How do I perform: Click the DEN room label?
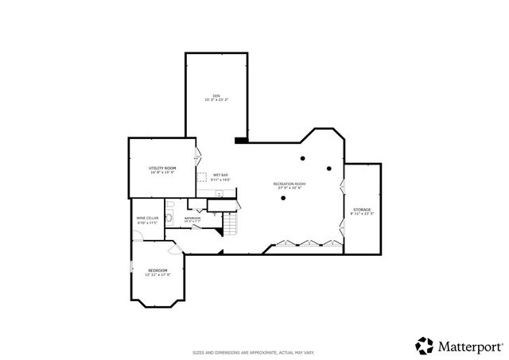[x=216, y=95]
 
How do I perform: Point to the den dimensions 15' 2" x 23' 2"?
[x=216, y=100]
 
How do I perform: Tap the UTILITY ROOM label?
[x=162, y=168]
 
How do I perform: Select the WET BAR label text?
[x=220, y=175]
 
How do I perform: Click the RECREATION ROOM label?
[x=289, y=184]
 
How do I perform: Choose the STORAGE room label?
[x=362, y=210]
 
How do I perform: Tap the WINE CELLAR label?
[x=148, y=218]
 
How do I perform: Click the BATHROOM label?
[x=193, y=217]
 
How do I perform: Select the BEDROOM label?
[x=158, y=270]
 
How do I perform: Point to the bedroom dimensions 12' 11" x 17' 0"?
[x=158, y=275]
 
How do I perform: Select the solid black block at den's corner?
[x=242, y=141]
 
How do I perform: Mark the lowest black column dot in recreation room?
[x=282, y=199]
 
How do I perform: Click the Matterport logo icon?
[x=424, y=345]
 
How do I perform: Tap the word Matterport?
[x=469, y=346]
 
